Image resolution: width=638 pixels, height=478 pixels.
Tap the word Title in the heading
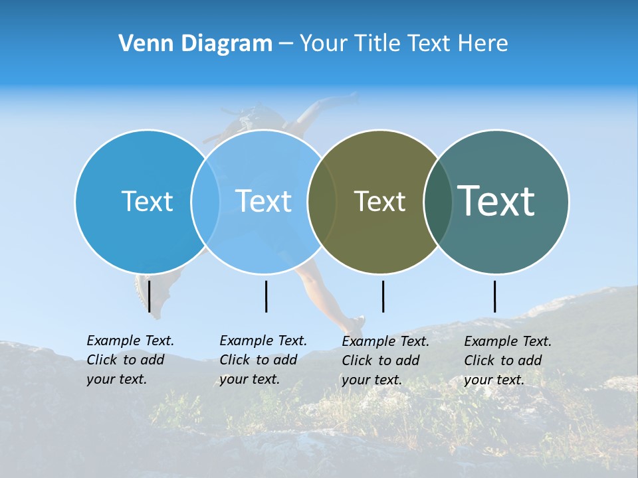click(x=381, y=44)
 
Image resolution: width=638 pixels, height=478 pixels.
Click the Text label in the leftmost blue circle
click(x=147, y=201)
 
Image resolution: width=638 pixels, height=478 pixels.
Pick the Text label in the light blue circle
click(x=263, y=201)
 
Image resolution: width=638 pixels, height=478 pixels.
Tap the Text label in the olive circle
click(x=379, y=201)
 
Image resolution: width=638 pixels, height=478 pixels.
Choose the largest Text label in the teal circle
click(x=496, y=201)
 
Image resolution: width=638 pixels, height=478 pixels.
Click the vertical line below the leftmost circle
click(x=149, y=296)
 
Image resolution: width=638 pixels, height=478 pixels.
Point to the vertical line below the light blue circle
click(x=266, y=296)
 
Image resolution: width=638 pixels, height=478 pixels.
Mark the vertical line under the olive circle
click(x=383, y=296)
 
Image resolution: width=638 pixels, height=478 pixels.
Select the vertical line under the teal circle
click(x=494, y=296)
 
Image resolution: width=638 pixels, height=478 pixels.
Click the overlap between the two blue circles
click(x=205, y=201)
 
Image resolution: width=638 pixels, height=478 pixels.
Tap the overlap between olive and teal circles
click(x=438, y=201)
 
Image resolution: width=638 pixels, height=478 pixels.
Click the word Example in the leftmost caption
click(x=114, y=341)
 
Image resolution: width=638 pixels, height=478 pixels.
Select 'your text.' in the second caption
click(x=249, y=379)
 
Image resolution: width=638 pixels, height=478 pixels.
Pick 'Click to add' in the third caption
click(x=380, y=360)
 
